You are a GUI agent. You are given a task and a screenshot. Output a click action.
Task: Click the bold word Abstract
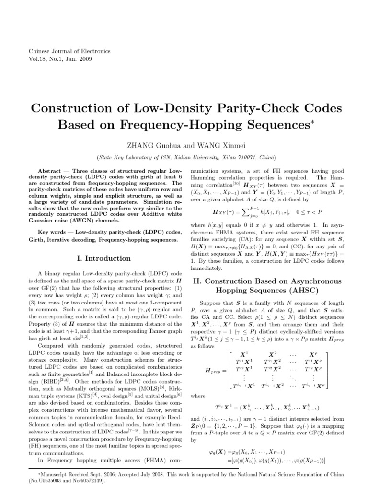51,171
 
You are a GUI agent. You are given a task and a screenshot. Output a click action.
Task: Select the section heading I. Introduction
107,258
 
